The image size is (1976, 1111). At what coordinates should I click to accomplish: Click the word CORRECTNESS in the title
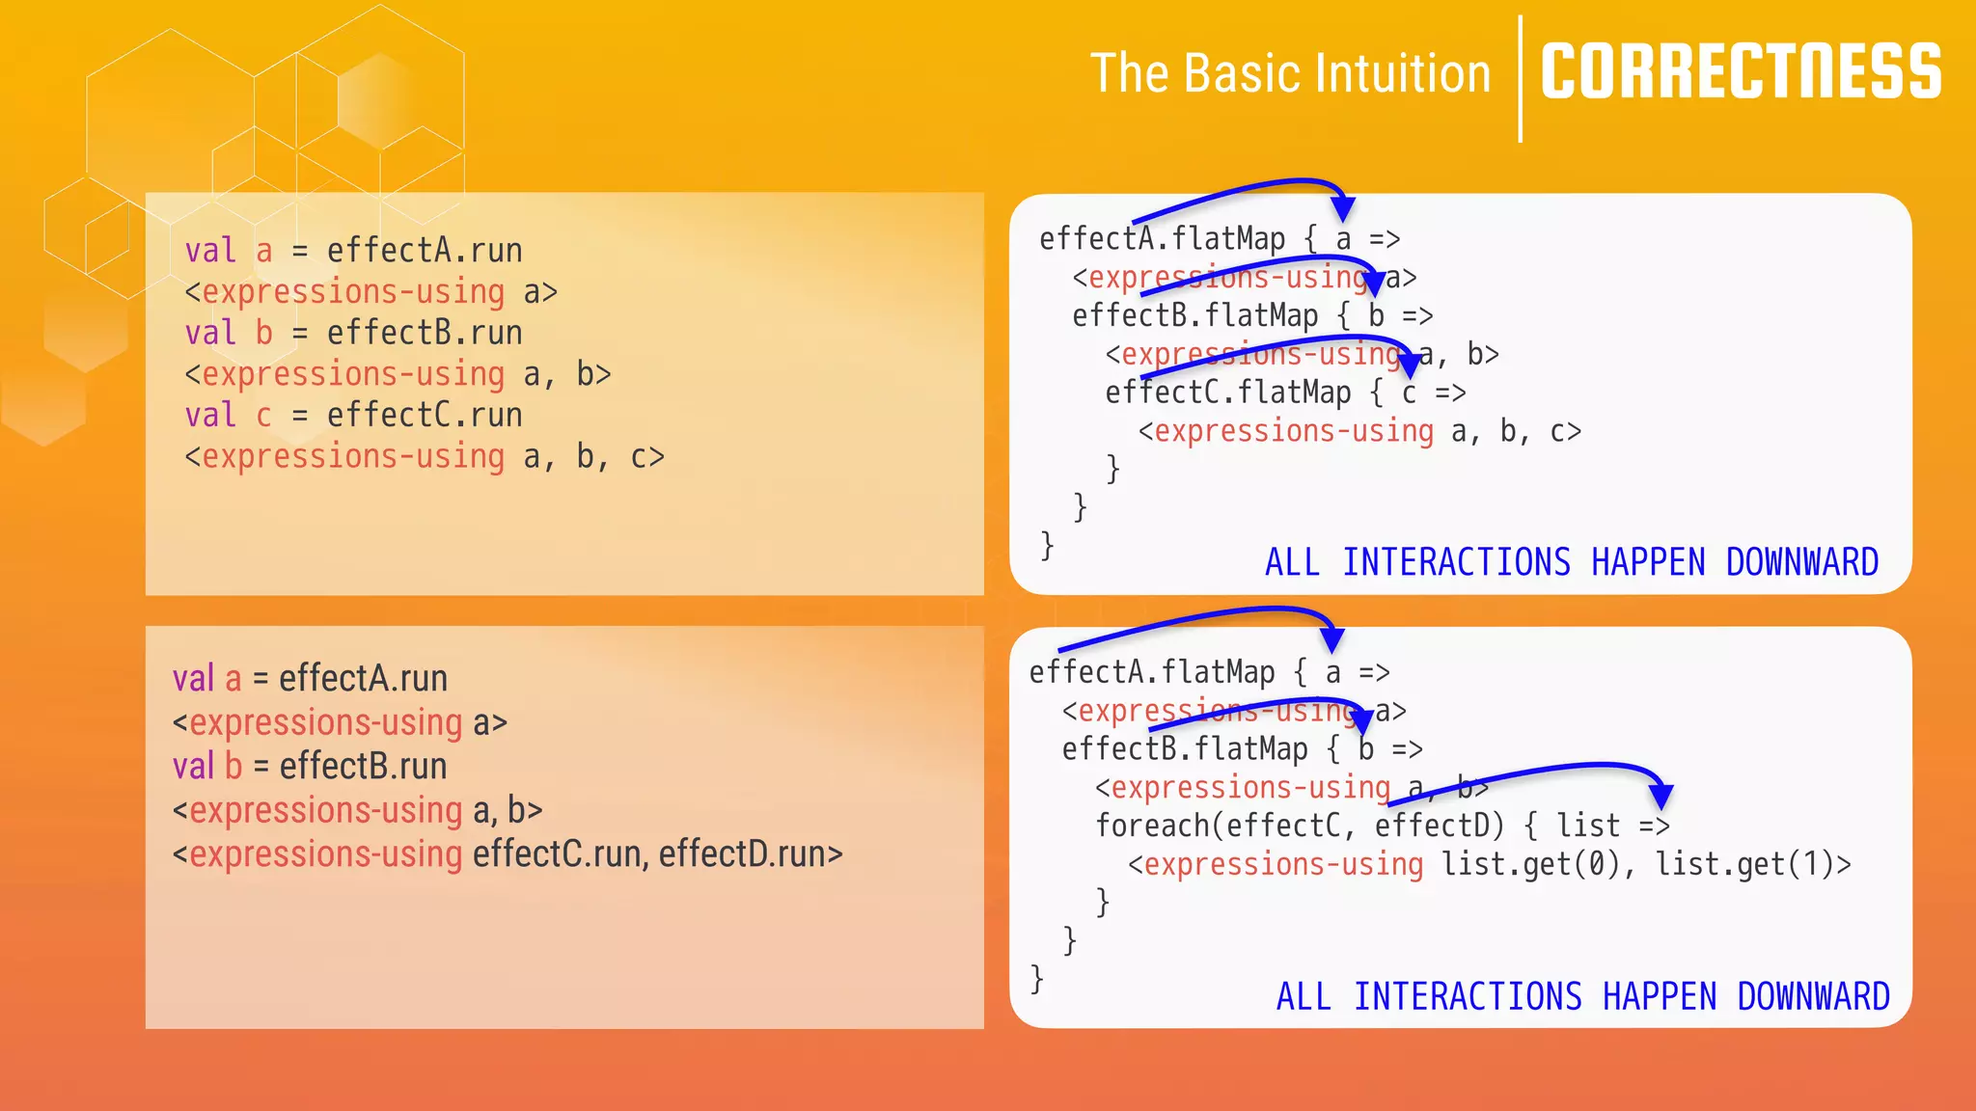(x=1741, y=72)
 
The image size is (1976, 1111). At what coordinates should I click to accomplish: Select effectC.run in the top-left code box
(x=425, y=416)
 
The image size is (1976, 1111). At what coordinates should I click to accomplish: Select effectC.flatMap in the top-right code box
(x=1228, y=393)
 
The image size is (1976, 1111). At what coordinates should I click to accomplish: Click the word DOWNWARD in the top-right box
(x=1801, y=562)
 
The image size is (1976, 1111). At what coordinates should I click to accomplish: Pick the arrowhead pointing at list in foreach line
(x=1660, y=797)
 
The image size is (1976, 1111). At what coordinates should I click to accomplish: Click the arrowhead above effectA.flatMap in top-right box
(x=1342, y=208)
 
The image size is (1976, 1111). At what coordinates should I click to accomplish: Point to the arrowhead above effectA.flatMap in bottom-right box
(x=1332, y=639)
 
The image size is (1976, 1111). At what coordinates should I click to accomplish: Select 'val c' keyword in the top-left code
(x=229, y=416)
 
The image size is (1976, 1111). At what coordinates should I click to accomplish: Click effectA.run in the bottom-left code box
(x=363, y=679)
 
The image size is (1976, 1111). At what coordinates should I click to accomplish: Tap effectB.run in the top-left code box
(x=425, y=334)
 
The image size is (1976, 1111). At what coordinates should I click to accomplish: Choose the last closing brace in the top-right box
(x=1047, y=546)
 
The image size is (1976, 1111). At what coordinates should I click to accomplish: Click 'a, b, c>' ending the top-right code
(x=1516, y=432)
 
